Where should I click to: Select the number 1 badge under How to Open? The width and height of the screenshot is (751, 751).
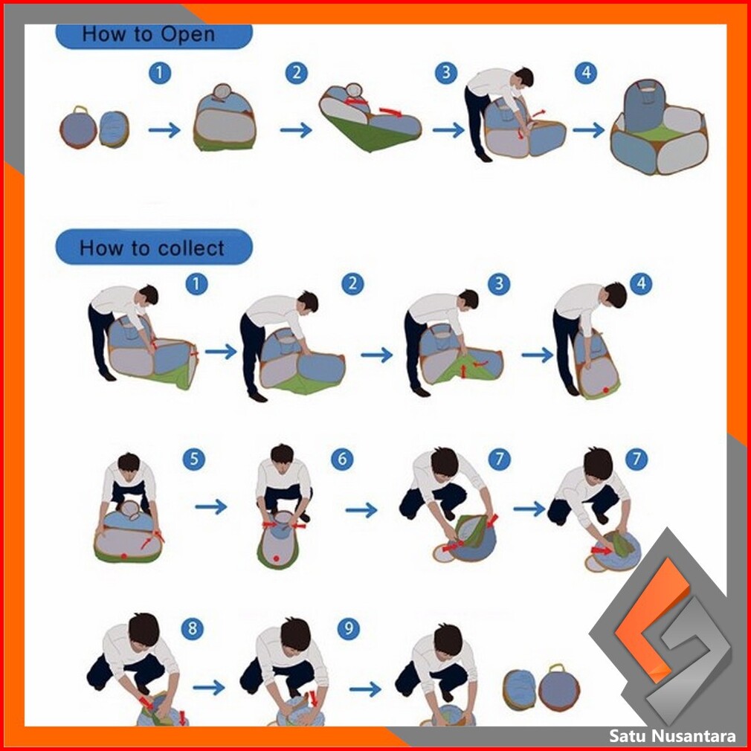pyautogui.click(x=160, y=74)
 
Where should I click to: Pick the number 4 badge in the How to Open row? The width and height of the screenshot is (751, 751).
pyautogui.click(x=586, y=74)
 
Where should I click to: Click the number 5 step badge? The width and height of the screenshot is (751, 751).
pyautogui.click(x=194, y=459)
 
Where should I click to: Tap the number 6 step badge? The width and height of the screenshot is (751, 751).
pyautogui.click(x=342, y=459)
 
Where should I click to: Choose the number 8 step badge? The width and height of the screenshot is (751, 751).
pyautogui.click(x=193, y=628)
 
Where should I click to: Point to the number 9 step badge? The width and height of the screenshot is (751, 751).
pyautogui.click(x=349, y=628)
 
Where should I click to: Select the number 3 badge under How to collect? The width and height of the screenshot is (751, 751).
pyautogui.click(x=499, y=283)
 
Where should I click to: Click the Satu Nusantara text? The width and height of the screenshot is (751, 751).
pyautogui.click(x=672, y=735)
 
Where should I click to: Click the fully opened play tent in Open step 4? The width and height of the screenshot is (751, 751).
pyautogui.click(x=659, y=127)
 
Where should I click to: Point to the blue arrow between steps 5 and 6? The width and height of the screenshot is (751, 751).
pyautogui.click(x=210, y=506)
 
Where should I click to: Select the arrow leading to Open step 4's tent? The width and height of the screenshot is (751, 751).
pyautogui.click(x=589, y=130)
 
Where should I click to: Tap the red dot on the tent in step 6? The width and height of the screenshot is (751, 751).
pyautogui.click(x=276, y=558)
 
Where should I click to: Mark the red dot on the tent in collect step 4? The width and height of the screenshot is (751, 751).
pyautogui.click(x=606, y=390)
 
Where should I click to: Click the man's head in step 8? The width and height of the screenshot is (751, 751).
pyautogui.click(x=144, y=630)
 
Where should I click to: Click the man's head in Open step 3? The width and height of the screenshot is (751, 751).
pyautogui.click(x=524, y=77)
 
